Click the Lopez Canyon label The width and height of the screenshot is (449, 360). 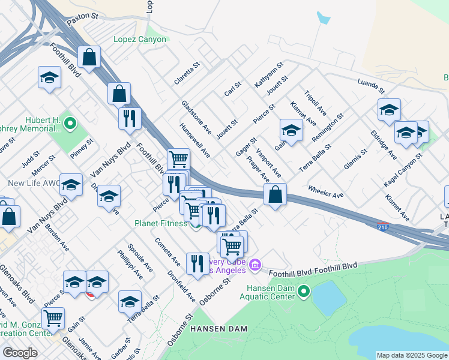[x=139, y=40]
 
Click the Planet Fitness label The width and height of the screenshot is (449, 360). [x=160, y=224]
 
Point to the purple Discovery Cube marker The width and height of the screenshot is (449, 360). [x=255, y=264]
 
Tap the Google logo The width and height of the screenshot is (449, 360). [x=20, y=353]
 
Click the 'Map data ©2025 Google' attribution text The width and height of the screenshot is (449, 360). [x=412, y=355]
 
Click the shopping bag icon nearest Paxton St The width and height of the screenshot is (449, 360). [x=89, y=58]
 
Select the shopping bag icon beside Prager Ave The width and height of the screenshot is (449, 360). [x=275, y=195]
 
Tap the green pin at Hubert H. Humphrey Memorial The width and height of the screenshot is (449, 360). [x=70, y=124]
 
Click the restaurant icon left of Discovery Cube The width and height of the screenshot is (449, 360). [x=197, y=263]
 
